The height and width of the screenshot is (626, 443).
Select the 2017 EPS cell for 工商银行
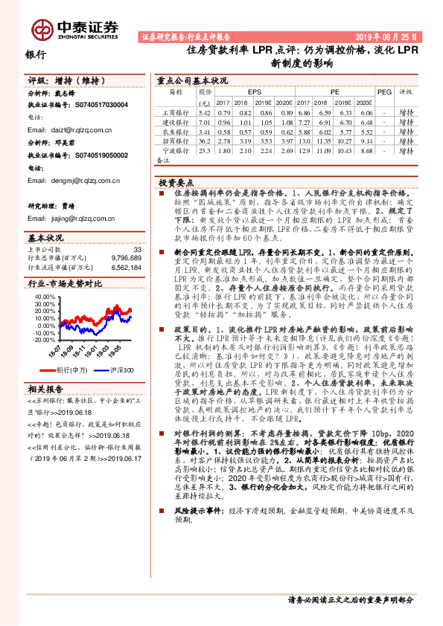[x=223, y=112]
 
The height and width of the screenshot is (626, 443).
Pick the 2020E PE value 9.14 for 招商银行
[x=364, y=141]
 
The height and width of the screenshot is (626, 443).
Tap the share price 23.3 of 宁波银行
[x=205, y=151]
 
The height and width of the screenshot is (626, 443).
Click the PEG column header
[x=384, y=91]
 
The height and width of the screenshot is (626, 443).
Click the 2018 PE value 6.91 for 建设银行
[x=323, y=122]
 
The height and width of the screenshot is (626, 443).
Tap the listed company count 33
[x=136, y=249]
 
